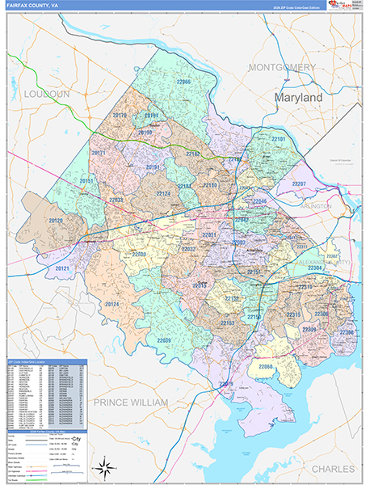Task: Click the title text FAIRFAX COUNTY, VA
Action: pos(33,6)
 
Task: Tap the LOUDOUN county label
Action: pos(47,94)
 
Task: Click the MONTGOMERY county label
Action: pos(281,66)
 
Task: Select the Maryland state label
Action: pos(297,97)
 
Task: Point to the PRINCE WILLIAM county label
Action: pos(130,402)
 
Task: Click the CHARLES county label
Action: pos(333,468)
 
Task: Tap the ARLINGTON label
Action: pos(316,206)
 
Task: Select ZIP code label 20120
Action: pos(56,221)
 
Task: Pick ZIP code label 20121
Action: pos(63,268)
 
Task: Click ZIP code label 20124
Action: pos(111,304)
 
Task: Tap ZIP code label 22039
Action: pos(164,340)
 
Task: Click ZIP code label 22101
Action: pos(278,140)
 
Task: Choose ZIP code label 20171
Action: pos(99,153)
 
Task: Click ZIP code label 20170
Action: pos(120,116)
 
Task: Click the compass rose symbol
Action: pos(103,466)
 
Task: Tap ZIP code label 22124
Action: pos(163,194)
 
